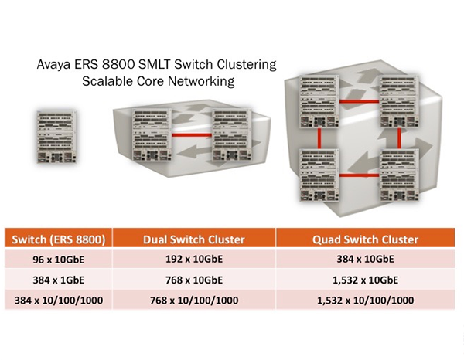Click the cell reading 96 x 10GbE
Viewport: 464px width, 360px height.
pos(58,259)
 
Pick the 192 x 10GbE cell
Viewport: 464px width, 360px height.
pos(194,259)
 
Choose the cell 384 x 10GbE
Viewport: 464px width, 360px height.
pos(365,259)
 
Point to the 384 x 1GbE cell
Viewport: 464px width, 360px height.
pos(58,280)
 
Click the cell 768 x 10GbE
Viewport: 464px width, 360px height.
pos(194,280)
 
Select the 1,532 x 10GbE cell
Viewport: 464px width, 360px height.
pos(365,280)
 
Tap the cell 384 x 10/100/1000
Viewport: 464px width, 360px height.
pos(58,300)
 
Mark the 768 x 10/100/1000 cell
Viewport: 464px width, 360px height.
pos(194,300)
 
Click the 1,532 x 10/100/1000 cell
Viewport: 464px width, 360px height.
pos(365,300)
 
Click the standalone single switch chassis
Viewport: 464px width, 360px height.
pos(56,137)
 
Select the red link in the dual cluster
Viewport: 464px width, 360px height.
pos(192,135)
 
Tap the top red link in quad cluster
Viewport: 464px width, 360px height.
pos(359,102)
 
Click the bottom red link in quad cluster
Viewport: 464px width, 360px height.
pos(359,175)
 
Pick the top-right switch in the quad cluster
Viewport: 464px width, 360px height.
pos(399,101)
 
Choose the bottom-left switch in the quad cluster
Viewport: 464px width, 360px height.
pos(319,175)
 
